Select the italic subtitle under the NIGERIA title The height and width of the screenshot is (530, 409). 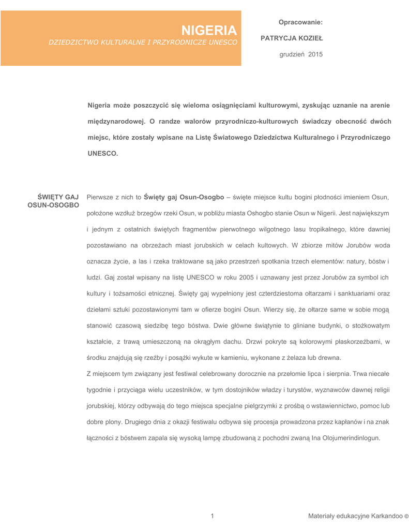143,42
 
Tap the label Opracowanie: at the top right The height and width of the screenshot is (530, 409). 300,22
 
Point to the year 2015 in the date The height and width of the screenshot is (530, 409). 315,54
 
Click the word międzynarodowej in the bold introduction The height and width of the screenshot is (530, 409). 116,122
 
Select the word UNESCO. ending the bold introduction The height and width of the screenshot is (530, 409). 103,153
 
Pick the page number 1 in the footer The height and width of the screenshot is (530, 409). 213,516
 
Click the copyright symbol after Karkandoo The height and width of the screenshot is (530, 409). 406,516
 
